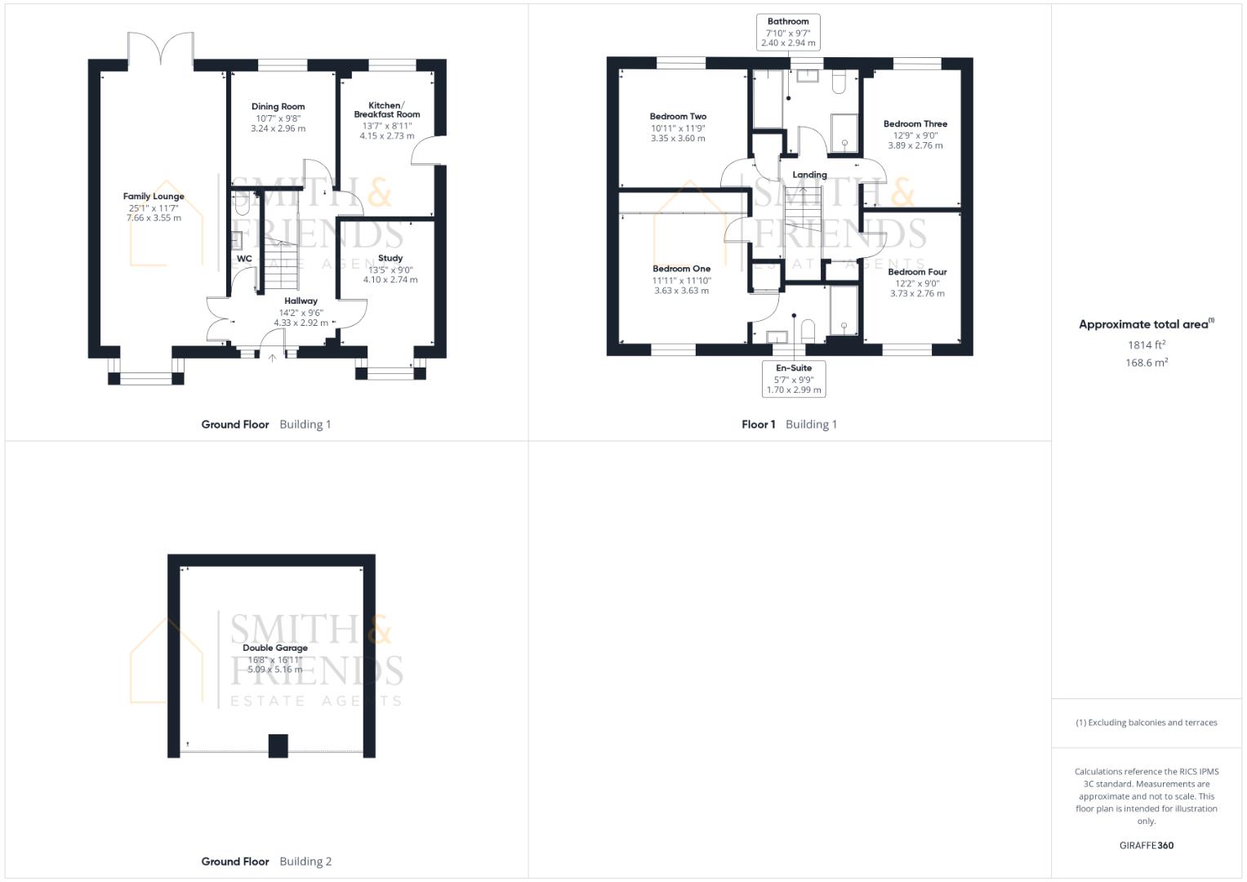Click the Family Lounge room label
tap(154, 196)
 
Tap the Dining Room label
tap(278, 106)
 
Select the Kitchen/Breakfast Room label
tap(386, 109)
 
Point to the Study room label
tap(390, 258)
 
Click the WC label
tap(244, 259)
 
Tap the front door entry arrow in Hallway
tap(273, 356)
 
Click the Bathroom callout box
tap(788, 33)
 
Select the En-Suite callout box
tap(793, 379)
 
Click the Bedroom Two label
tap(678, 117)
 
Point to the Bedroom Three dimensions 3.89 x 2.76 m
tap(915, 145)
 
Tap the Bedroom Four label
tap(917, 272)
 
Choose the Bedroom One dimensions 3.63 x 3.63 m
tap(681, 291)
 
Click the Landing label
tap(809, 175)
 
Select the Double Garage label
tap(275, 648)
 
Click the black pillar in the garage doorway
tap(278, 745)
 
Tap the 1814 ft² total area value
tap(1146, 345)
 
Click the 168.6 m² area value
tap(1146, 363)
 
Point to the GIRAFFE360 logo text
tap(1146, 845)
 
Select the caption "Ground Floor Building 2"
tap(266, 861)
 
